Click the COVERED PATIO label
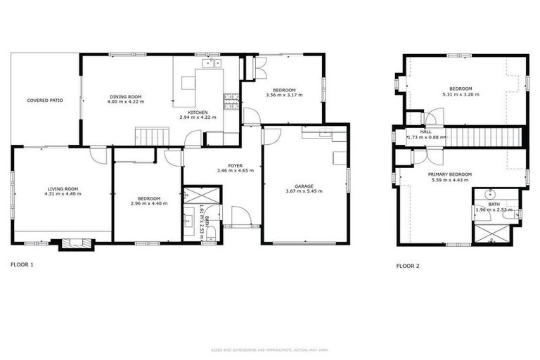click(45, 101)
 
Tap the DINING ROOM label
click(126, 96)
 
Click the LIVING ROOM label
click(63, 188)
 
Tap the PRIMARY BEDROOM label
click(450, 174)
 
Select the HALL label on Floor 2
click(426, 131)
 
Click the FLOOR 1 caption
click(22, 264)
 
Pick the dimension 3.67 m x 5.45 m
click(304, 192)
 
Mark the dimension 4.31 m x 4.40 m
click(63, 193)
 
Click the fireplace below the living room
click(75, 243)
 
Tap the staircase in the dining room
click(152, 136)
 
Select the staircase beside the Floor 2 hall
click(485, 136)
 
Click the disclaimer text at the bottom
click(270, 350)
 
